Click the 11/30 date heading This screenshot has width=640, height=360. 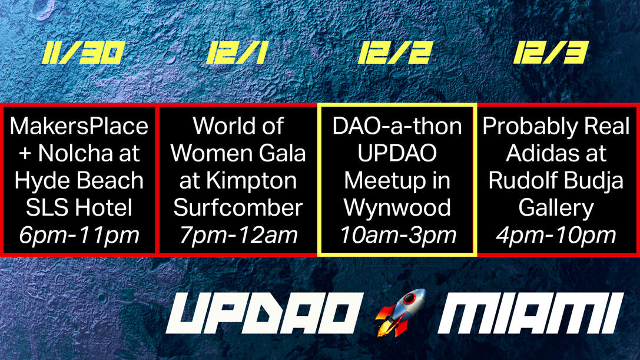point(83,53)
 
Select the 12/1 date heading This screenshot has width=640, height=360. point(237,53)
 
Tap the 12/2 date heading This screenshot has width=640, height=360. point(395,53)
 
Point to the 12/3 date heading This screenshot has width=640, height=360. point(551,52)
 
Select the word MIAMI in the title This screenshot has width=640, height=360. point(530,313)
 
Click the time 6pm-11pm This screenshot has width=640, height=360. point(79,236)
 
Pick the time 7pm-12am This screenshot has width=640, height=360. point(238,236)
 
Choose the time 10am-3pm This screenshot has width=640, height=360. point(397,236)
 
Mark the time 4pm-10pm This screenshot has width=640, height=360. point(556,236)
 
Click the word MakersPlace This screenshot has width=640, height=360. point(79,126)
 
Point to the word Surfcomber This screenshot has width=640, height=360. point(238,208)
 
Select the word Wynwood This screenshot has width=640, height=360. point(397,209)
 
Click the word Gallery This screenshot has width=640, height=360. point(556,209)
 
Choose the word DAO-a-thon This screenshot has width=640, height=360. point(397,126)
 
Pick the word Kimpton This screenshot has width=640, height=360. point(251,181)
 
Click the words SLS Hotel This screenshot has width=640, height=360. point(79,208)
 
